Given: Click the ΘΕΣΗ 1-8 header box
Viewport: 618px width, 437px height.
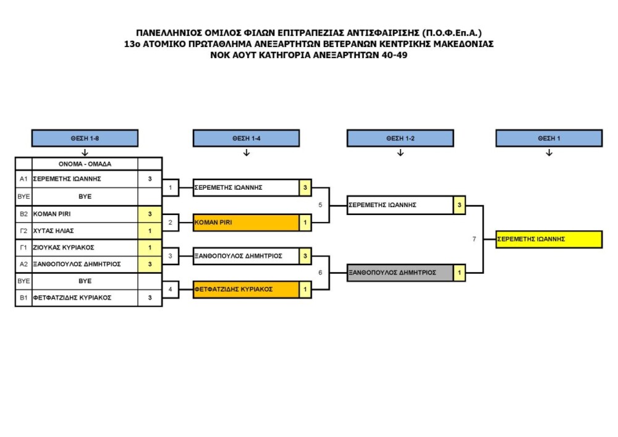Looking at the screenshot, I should pos(85,138).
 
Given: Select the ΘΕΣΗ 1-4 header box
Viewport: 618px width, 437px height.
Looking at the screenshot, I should pos(246,138).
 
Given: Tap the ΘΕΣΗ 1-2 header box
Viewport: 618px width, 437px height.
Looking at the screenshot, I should pos(400,138).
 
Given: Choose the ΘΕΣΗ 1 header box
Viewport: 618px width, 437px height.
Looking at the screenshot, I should pos(549,138).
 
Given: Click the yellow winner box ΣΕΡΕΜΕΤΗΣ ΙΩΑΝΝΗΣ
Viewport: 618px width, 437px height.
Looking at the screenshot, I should pos(549,239).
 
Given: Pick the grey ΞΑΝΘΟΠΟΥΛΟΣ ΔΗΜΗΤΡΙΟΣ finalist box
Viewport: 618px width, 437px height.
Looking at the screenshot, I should pos(400,272).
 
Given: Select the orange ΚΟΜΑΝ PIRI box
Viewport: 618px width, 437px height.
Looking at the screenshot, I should pos(246,223).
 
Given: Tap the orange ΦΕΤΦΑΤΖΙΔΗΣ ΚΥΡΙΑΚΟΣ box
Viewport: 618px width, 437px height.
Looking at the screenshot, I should pos(246,289).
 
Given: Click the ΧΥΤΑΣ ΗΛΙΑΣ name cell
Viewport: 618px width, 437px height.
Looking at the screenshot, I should pos(85,230).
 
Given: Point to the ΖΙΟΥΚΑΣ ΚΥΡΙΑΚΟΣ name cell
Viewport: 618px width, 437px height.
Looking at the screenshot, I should pos(85,247).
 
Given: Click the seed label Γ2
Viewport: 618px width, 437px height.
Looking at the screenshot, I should pos(23,230).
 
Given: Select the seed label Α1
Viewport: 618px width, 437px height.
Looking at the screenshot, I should pos(23,179).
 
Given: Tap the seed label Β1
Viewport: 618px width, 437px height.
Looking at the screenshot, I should pos(23,297).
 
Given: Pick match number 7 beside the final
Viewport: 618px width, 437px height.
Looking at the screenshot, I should pos(474,239).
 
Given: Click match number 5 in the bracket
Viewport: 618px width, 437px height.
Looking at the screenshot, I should pos(320,205).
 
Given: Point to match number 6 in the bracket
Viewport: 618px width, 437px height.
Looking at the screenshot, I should pos(320,272).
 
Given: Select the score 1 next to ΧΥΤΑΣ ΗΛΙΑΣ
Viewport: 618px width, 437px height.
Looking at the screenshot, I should pos(150,230).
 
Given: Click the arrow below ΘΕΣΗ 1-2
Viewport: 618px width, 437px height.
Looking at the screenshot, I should pos(400,153).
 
